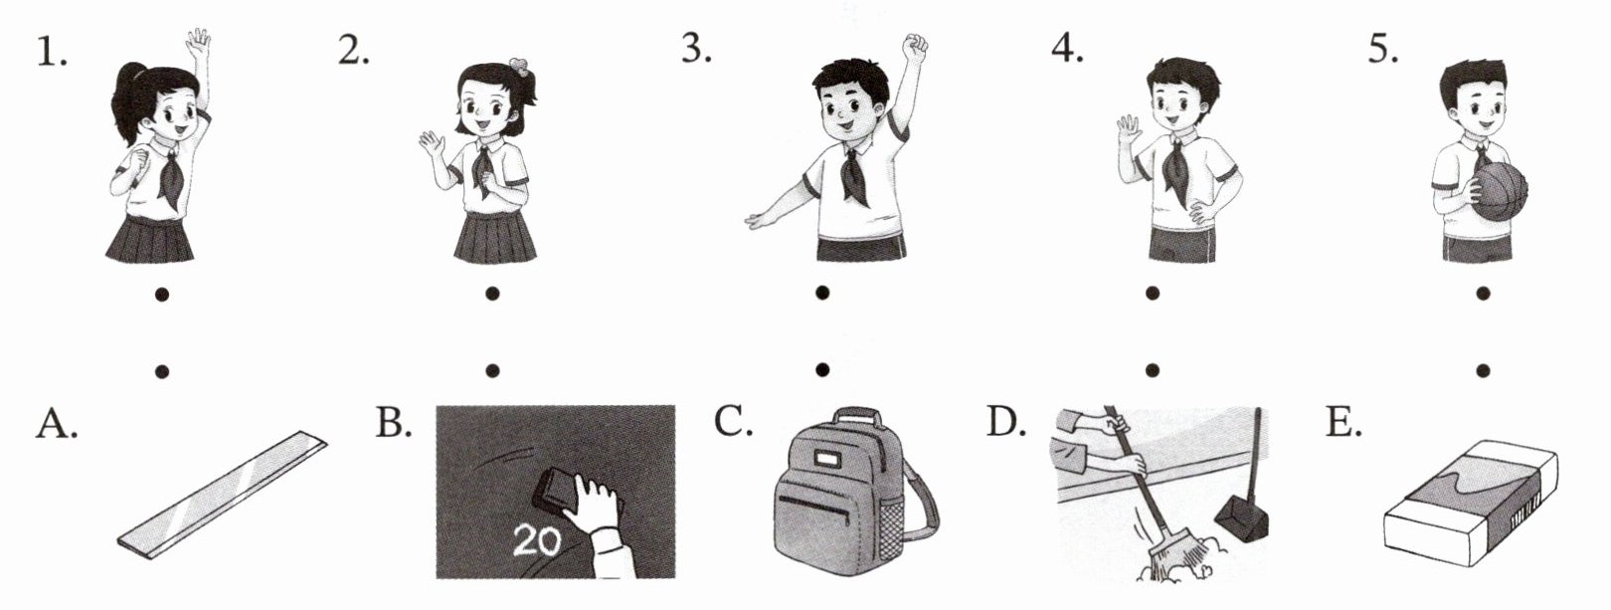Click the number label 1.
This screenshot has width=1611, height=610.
coord(52,52)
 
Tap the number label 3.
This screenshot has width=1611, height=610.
coord(697,49)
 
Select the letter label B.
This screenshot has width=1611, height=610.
coord(394,423)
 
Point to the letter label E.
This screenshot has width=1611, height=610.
coord(1343,423)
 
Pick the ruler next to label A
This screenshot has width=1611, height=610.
coord(222,496)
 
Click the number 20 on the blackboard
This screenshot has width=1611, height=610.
coord(537,541)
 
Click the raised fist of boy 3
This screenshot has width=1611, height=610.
coord(915,48)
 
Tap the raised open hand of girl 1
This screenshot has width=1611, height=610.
coord(198,45)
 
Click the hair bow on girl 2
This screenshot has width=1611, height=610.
coord(518,67)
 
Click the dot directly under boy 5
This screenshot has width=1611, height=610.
coord(1483,294)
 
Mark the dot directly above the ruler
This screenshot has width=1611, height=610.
coord(162,371)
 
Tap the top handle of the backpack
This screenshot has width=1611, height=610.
coord(857,417)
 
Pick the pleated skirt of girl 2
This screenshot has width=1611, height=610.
coord(495,238)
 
